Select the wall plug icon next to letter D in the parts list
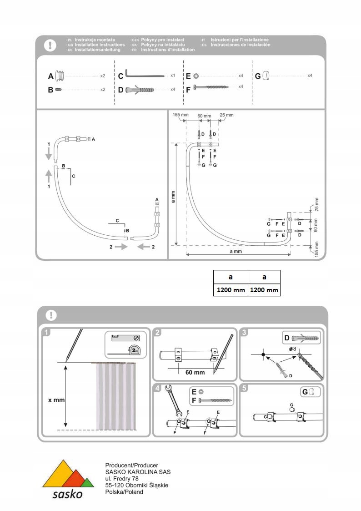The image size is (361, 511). click(x=145, y=90)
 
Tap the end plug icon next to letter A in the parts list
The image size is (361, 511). click(x=62, y=76)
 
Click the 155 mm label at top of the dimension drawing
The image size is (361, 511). click(x=180, y=116)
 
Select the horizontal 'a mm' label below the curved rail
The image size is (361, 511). click(x=236, y=251)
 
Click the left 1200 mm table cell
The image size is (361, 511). click(x=231, y=289)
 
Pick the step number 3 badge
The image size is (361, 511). click(x=245, y=333)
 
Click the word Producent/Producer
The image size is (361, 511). click(x=131, y=466)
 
